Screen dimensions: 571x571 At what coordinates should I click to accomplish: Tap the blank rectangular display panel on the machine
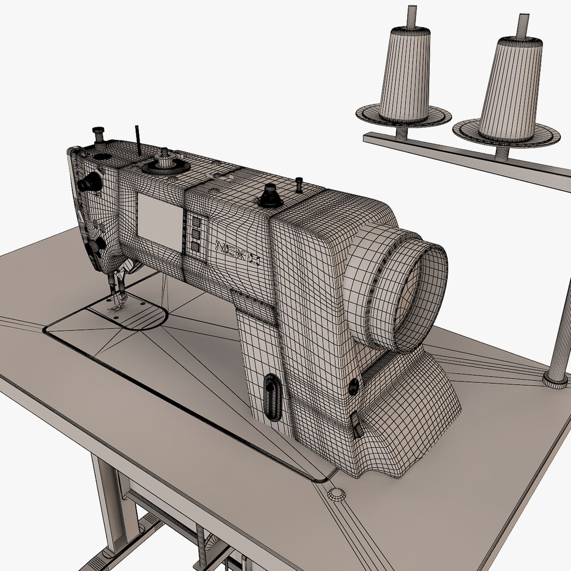click(161, 222)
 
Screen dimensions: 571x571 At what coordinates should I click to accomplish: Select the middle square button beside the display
click(195, 234)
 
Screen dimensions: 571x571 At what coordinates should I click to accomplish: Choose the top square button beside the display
click(196, 222)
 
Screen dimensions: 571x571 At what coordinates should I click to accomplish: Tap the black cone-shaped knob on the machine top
click(270, 196)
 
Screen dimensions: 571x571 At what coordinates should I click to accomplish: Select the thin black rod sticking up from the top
click(137, 140)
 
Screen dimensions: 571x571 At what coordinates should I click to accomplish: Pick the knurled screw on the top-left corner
click(98, 134)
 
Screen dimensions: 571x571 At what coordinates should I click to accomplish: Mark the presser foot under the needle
click(116, 306)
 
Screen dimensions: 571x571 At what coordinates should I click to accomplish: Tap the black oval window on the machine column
click(273, 397)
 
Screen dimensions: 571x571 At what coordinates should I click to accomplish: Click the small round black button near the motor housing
click(353, 387)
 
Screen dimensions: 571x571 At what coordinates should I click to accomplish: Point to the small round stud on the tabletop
click(336, 494)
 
